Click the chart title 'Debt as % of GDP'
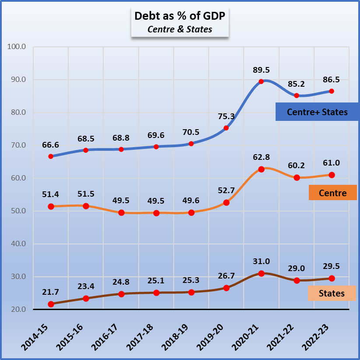tap(179, 16)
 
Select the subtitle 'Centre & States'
tap(179, 30)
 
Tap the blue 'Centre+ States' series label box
tap(317, 112)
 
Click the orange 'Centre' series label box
tap(332, 193)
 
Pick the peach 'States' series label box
tap(332, 293)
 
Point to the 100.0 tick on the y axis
tap(17, 47)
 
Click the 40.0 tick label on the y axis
tap(17, 244)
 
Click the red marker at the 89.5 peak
tap(261, 81)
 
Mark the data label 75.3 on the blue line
tap(226, 116)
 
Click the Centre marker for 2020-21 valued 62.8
tap(261, 169)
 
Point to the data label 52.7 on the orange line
tap(226, 190)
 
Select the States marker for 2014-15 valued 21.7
tap(51, 304)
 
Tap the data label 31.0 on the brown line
tap(261, 261)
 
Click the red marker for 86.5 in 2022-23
tap(332, 91)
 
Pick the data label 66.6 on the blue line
tap(51, 145)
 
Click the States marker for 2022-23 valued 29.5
tap(332, 278)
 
